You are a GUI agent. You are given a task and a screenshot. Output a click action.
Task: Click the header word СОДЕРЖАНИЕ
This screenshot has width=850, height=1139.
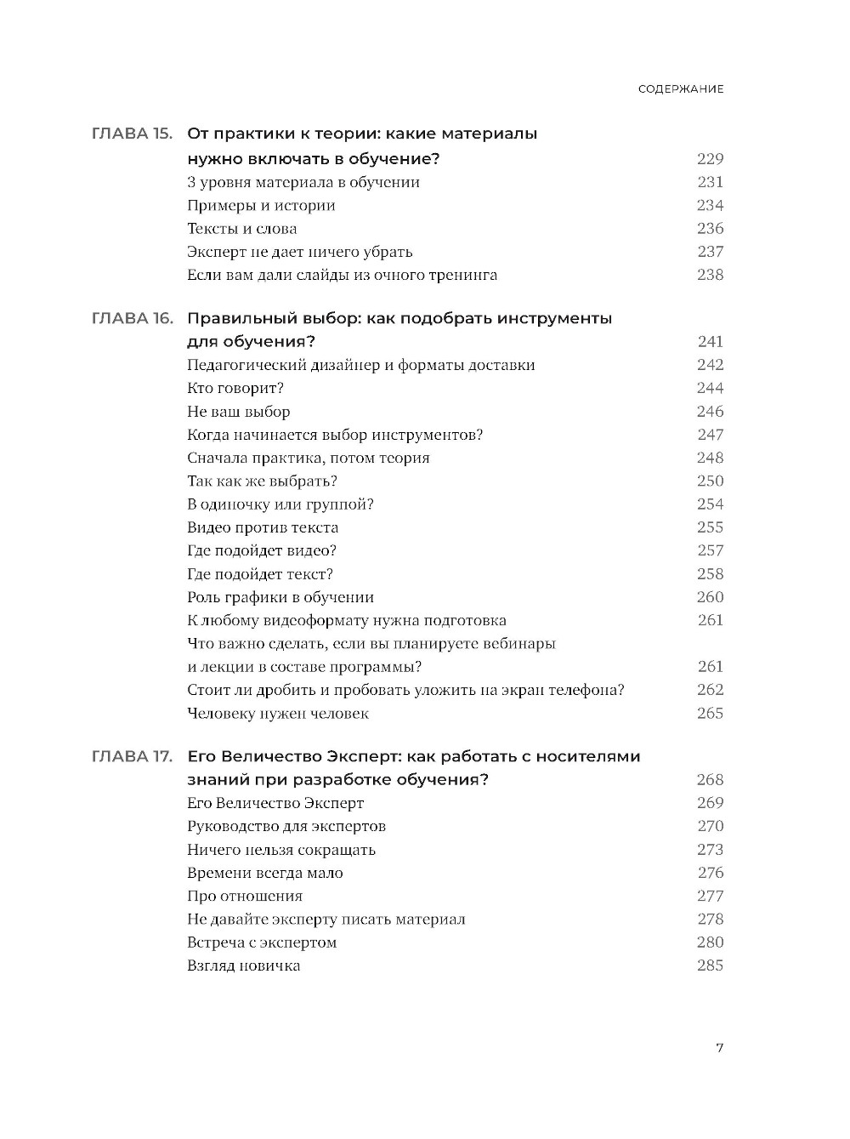click(x=681, y=88)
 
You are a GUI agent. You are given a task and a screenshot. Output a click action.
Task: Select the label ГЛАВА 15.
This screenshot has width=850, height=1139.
click(x=132, y=134)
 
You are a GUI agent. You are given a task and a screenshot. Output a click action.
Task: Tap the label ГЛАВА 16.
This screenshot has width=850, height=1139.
click(x=132, y=318)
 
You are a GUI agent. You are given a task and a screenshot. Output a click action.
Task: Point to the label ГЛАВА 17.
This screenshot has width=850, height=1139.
click(x=132, y=756)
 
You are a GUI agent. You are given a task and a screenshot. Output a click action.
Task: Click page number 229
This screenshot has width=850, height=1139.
click(x=710, y=159)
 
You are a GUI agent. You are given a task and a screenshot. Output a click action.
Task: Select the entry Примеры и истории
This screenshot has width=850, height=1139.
click(x=261, y=206)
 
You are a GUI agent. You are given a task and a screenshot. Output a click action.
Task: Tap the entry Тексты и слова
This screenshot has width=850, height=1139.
click(x=241, y=229)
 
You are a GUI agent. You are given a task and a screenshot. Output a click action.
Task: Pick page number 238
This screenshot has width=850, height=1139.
click(x=710, y=275)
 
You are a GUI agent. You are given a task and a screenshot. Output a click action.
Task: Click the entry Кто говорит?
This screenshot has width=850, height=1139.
click(x=235, y=389)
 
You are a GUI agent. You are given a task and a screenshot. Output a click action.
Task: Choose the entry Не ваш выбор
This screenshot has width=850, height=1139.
click(x=238, y=412)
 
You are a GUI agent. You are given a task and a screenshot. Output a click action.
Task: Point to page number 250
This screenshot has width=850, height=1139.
click(x=710, y=481)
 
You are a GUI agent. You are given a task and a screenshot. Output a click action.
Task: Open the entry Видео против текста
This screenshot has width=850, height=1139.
click(x=263, y=527)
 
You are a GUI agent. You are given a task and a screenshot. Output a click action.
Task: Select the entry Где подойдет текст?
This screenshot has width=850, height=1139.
click(x=260, y=574)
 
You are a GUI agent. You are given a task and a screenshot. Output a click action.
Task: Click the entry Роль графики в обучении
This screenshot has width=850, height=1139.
click(x=280, y=597)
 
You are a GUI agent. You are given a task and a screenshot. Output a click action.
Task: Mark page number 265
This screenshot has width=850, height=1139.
click(x=710, y=714)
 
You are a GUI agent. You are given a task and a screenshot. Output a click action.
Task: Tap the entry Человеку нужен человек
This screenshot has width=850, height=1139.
click(x=278, y=714)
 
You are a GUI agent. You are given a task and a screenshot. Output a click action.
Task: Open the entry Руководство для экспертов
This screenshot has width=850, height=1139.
click(x=286, y=826)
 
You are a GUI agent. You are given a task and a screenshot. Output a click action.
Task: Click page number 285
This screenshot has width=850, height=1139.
click(x=710, y=965)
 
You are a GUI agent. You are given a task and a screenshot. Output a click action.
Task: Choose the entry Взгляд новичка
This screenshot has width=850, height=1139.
click(x=243, y=965)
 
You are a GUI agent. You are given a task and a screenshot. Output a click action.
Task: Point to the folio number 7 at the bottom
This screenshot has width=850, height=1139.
click(x=719, y=1048)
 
